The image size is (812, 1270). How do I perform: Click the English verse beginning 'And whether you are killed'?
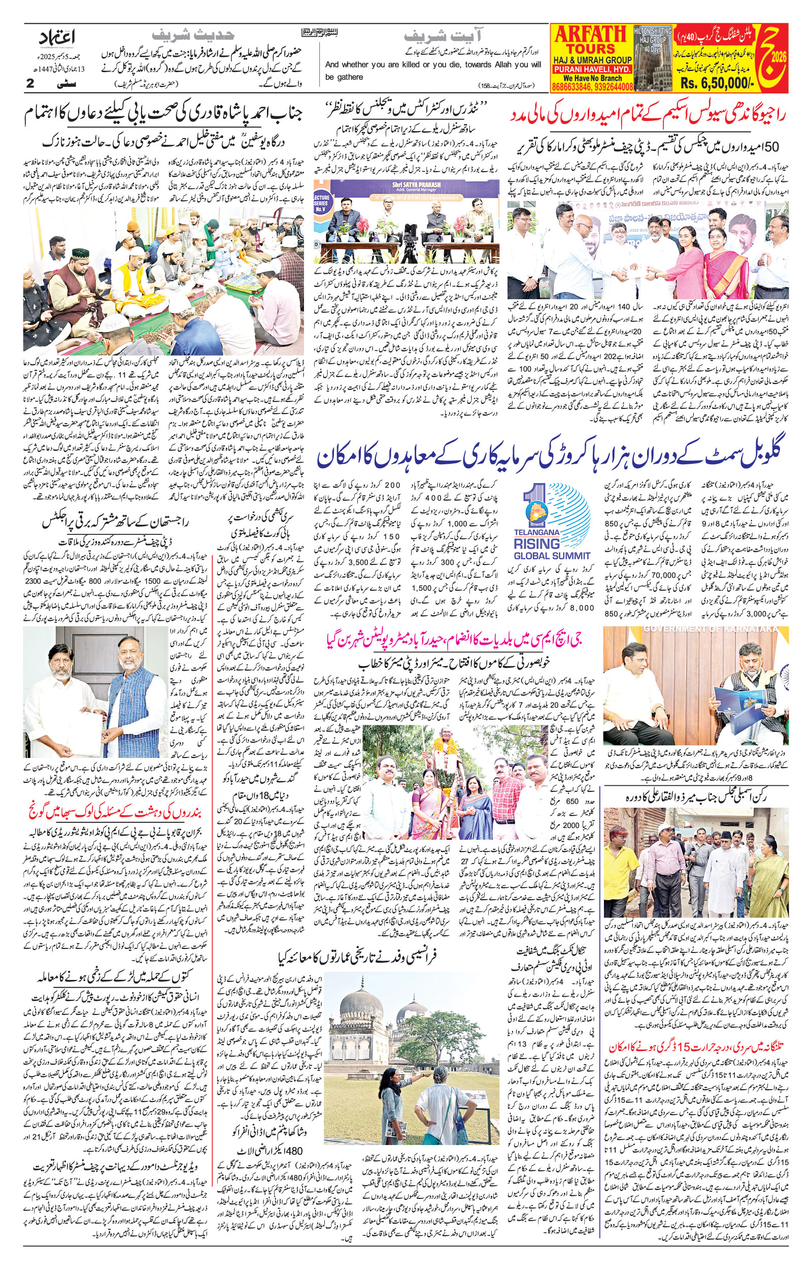433,70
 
